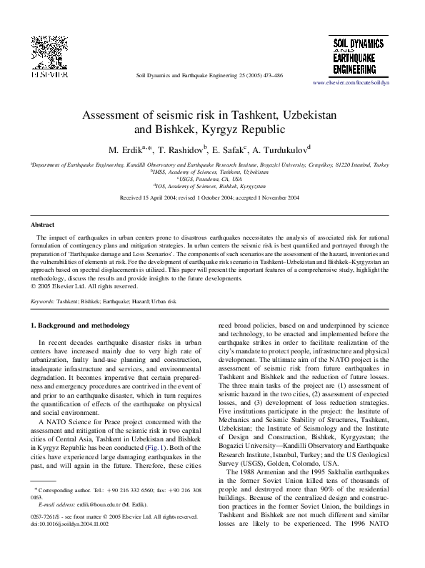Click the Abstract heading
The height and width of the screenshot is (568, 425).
43,225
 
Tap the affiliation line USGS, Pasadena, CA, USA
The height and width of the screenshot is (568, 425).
212,179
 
